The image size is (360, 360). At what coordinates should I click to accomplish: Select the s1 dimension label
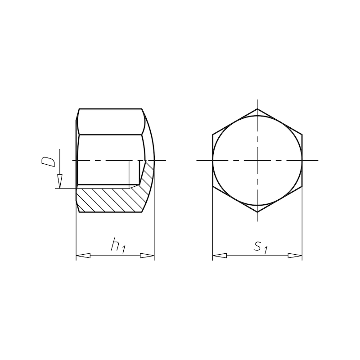click(261, 246)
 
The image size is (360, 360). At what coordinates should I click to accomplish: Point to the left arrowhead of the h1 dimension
click(83, 256)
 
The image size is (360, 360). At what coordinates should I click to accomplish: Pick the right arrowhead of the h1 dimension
click(147, 256)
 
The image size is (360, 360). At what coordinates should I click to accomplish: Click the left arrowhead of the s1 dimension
click(219, 256)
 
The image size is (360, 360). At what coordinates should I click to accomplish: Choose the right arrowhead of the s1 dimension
click(295, 256)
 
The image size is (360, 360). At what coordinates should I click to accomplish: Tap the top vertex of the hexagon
click(257, 109)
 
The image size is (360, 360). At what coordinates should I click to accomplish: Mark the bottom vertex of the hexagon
click(257, 212)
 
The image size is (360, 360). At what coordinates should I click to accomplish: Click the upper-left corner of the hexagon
click(212, 135)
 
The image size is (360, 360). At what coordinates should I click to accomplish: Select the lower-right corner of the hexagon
click(302, 186)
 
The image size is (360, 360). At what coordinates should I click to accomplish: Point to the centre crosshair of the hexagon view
click(257, 161)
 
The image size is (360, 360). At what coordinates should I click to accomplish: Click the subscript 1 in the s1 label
click(266, 250)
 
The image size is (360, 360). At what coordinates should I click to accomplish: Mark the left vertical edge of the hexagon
click(212, 161)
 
